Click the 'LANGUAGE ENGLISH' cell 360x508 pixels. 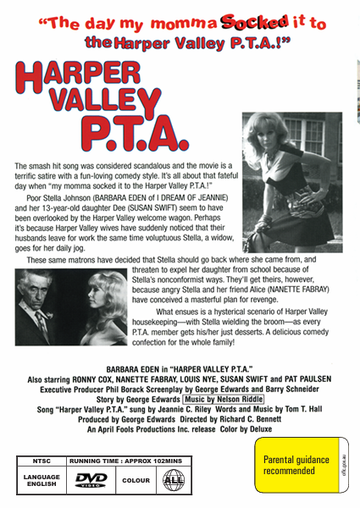[41, 480]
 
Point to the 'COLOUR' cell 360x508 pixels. [136, 480]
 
